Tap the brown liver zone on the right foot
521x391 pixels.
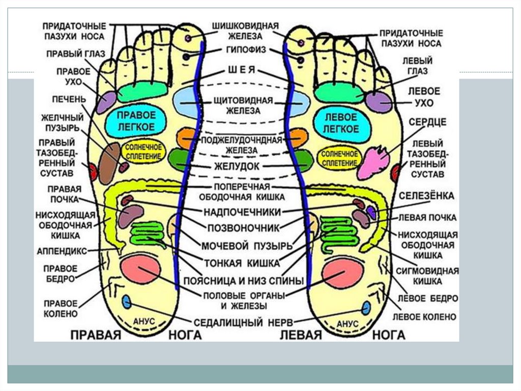pos(109,163)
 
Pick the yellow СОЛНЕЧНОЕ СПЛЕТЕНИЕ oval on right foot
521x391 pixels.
pos(146,151)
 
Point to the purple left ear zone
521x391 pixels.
pos(379,102)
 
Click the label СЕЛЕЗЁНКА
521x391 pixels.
pos(426,196)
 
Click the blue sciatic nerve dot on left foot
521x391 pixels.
pos(366,308)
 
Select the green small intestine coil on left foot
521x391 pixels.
pos(340,232)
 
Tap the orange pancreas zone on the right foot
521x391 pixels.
pos(186,138)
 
